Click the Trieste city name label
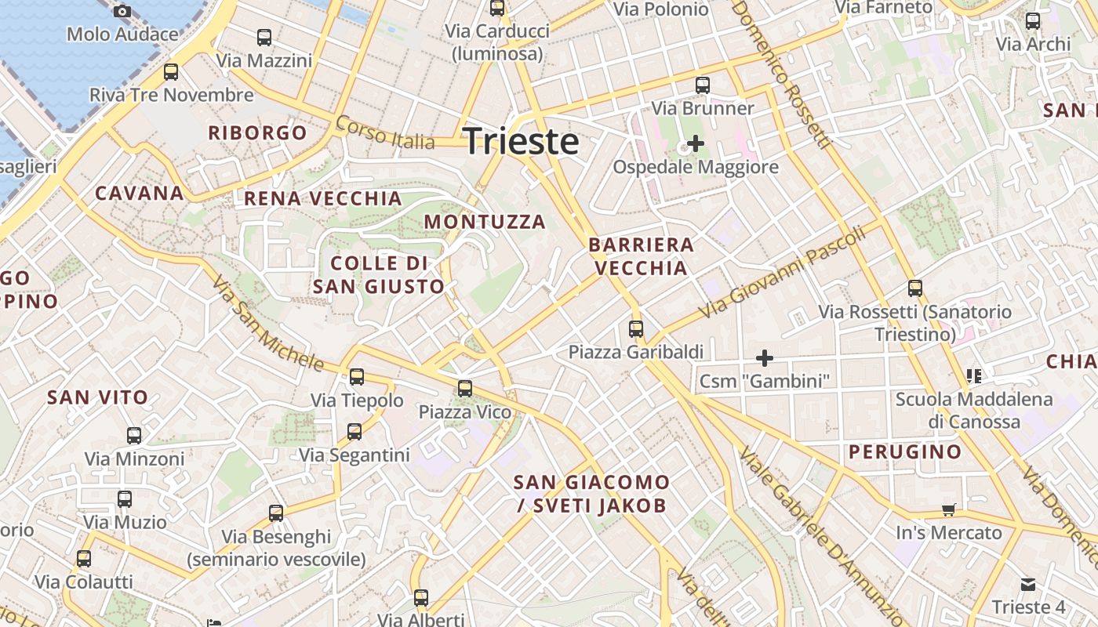pyautogui.click(x=521, y=142)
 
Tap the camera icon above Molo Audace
pyautogui.click(x=122, y=11)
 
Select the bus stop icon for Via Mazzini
pyautogui.click(x=264, y=37)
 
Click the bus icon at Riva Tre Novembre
pyautogui.click(x=171, y=72)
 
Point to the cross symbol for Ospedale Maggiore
pyautogui.click(x=695, y=143)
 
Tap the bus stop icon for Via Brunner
pyautogui.click(x=703, y=85)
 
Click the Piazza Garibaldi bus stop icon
pyautogui.click(x=636, y=329)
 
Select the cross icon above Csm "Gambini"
pyautogui.click(x=765, y=358)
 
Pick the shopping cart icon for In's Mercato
pyautogui.click(x=949, y=510)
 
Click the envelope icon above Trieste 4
pyautogui.click(x=1028, y=585)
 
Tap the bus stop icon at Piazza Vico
pyautogui.click(x=465, y=388)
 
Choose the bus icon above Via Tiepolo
pyautogui.click(x=357, y=377)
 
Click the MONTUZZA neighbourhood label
pyautogui.click(x=485, y=222)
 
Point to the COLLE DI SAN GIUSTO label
pyautogui.click(x=379, y=274)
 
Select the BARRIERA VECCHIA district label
pyautogui.click(x=641, y=256)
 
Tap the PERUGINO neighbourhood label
pyautogui.click(x=905, y=451)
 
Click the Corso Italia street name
pyautogui.click(x=384, y=133)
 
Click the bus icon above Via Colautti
pyautogui.click(x=84, y=559)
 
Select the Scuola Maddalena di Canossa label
pyautogui.click(x=974, y=410)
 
